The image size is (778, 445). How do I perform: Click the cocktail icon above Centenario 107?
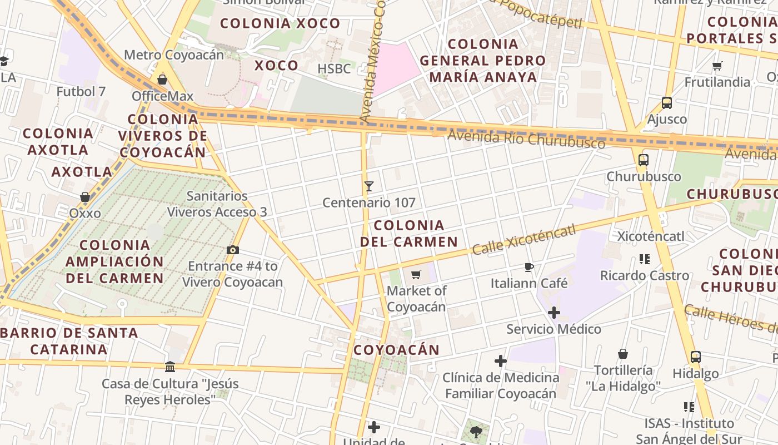coord(368,186)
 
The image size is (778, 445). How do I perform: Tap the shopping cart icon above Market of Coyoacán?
coord(416,274)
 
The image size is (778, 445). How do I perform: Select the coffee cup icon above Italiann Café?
coord(529,268)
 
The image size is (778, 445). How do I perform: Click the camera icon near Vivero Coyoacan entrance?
coord(233,250)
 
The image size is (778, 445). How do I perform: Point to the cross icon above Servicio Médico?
coord(554,313)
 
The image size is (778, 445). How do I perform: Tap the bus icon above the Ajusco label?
coord(667,103)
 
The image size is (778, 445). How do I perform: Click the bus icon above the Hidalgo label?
coord(695,357)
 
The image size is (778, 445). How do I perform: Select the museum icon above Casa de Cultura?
coord(170,367)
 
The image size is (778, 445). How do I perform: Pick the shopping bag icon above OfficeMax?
coord(162,80)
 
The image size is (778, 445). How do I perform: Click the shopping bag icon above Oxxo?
coord(85,197)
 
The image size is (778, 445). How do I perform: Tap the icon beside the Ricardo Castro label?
coord(645,259)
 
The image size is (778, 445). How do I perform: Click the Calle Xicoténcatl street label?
coord(523,240)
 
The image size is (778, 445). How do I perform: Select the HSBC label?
coord(334,69)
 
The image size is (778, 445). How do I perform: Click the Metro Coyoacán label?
coord(173,55)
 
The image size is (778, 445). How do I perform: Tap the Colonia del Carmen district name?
coord(409,234)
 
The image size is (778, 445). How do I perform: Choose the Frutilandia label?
coord(717,82)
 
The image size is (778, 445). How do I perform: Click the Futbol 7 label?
coord(81,91)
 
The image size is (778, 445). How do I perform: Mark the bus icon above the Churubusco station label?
coord(644,160)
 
